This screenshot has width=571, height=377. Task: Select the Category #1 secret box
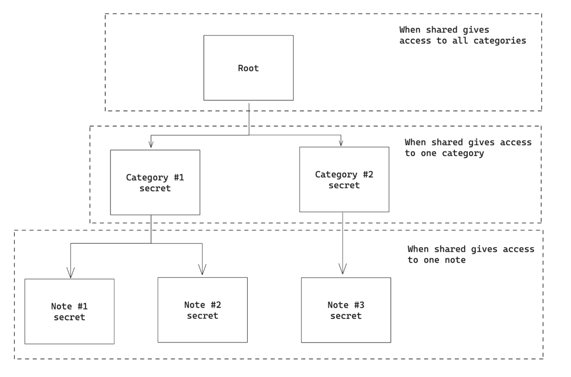155,203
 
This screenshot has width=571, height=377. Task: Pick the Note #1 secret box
69,330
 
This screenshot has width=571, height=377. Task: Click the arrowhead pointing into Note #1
71,273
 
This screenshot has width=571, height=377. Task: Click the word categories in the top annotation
500,41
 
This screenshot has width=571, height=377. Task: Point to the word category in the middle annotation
463,153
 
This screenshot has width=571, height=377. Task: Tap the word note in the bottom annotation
455,260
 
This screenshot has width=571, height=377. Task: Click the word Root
248,68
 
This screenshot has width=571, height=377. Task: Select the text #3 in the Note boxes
359,305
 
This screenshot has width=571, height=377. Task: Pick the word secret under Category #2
344,185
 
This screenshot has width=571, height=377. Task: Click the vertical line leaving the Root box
249,118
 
